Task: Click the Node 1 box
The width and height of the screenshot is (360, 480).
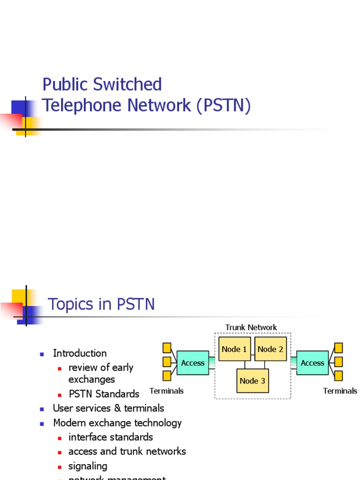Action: coord(234,349)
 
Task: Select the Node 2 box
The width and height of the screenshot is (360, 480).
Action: coord(270,349)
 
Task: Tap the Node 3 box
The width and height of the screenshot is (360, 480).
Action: coord(252,381)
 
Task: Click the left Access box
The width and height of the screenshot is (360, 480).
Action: coord(193,363)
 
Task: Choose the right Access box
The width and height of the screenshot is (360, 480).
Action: coord(312,363)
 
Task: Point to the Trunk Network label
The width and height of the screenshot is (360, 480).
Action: coord(251,327)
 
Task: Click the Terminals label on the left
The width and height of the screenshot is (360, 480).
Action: coord(166,390)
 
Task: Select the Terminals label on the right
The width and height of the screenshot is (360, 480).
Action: coord(340,390)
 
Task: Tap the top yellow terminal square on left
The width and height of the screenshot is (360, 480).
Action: coord(167,348)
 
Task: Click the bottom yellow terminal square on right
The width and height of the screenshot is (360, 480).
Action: coord(338,376)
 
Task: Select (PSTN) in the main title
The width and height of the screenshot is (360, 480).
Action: coord(224,105)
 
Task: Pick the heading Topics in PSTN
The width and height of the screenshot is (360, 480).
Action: coord(101,304)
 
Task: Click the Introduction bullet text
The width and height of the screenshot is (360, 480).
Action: coord(80,353)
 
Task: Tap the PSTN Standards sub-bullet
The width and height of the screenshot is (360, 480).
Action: coord(104,394)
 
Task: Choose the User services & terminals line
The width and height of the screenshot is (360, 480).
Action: coord(108,408)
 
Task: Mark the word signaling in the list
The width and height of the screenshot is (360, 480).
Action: coord(88,466)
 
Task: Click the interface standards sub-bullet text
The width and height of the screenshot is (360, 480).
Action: coord(111,437)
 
